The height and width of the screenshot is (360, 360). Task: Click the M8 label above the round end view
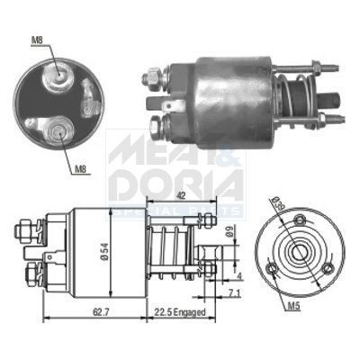pos(35,40)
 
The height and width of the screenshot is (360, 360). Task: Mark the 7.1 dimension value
pos(232,292)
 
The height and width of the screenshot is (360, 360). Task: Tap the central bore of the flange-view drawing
pos(295,253)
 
